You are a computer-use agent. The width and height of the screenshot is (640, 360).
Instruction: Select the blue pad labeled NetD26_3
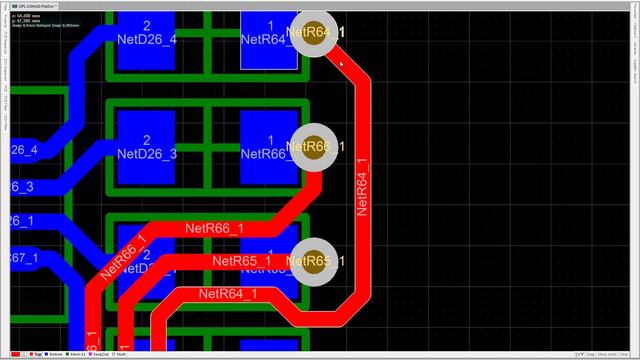coord(147,145)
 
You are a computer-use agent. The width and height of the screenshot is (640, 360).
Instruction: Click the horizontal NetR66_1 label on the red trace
coord(214,229)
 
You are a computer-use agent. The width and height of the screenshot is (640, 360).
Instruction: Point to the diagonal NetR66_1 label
coord(123,255)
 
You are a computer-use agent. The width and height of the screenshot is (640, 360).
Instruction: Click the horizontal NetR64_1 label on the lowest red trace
coord(227,293)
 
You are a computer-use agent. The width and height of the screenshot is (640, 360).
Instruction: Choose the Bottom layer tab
coord(57,354)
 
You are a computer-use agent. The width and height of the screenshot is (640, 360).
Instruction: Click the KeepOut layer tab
coord(101,354)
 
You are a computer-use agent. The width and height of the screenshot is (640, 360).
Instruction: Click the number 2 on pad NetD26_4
coord(147,25)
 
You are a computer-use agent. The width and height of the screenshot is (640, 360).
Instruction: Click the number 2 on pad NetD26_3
coord(147,140)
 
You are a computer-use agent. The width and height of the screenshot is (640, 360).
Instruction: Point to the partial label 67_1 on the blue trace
coord(24,258)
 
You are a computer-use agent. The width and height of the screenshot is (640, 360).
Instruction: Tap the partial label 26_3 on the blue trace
coord(22,187)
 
